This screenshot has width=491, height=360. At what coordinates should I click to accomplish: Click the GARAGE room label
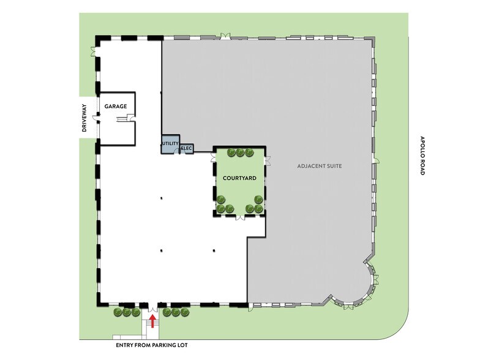pyautogui.click(x=116, y=107)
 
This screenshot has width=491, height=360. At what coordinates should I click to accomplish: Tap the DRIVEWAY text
pyautogui.click(x=84, y=118)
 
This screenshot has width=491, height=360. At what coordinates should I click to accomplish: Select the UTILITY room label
pyautogui.click(x=170, y=143)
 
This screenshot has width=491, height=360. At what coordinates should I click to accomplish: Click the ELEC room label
pyautogui.click(x=187, y=148)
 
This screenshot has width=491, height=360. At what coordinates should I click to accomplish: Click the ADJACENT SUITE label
pyautogui.click(x=320, y=166)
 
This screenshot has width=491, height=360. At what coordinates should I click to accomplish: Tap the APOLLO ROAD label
pyautogui.click(x=422, y=156)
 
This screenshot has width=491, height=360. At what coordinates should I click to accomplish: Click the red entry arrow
pyautogui.click(x=152, y=321)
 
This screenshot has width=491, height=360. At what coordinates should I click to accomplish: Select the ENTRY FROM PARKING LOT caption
pyautogui.click(x=152, y=345)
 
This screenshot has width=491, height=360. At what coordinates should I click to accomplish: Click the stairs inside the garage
pyautogui.click(x=121, y=119)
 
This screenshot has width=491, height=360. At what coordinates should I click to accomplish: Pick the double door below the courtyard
pyautogui.click(x=240, y=217)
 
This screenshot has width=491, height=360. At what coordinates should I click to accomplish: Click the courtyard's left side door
pyautogui.click(x=214, y=158)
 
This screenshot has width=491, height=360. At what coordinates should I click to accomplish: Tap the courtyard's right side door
pyautogui.click(x=267, y=160)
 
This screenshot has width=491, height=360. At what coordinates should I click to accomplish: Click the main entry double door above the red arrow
pyautogui.click(x=152, y=308)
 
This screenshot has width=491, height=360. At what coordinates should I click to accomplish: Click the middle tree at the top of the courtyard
pyautogui.click(x=240, y=152)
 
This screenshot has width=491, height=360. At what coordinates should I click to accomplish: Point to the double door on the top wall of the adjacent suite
pyautogui.click(x=225, y=36)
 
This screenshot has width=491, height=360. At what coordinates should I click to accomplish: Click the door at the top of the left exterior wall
pyautogui.click(x=94, y=51)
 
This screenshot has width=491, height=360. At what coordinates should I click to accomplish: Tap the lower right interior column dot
pyautogui.click(x=214, y=250)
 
